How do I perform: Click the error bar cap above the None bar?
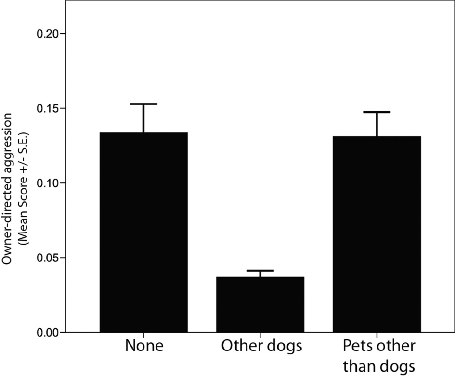point(143,104)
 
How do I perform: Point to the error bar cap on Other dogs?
point(260,271)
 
